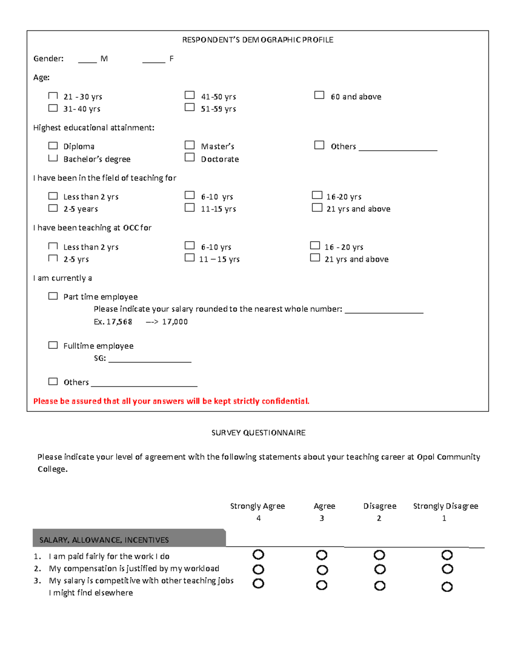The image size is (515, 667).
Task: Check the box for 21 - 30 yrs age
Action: click(x=53, y=96)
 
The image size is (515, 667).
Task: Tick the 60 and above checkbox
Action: click(x=319, y=95)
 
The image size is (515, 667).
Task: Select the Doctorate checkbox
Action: click(x=189, y=157)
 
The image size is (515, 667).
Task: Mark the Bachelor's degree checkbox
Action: click(x=53, y=158)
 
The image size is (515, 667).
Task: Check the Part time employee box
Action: click(x=53, y=296)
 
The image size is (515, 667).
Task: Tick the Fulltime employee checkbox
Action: click(x=53, y=345)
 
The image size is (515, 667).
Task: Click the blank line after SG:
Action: click(x=150, y=361)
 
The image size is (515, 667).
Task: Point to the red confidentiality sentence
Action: click(x=171, y=401)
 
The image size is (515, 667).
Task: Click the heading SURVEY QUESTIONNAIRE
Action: click(x=258, y=433)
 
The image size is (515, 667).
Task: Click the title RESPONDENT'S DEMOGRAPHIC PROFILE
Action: click(x=257, y=40)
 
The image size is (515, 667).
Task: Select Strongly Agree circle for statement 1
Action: click(x=258, y=554)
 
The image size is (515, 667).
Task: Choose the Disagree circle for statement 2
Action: click(x=379, y=569)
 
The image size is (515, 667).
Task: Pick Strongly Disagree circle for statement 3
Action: click(x=447, y=587)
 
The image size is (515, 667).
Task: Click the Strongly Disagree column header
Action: click(x=445, y=506)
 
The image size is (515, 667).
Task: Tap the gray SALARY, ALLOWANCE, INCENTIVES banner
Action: click(x=129, y=539)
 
